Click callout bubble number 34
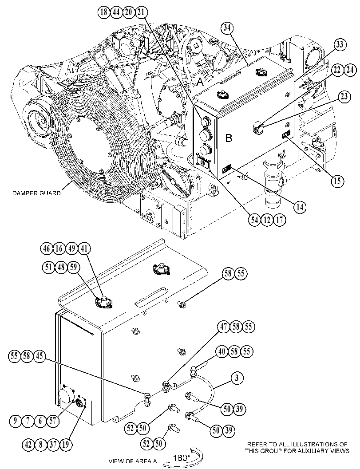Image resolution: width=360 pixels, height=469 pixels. point(227,28)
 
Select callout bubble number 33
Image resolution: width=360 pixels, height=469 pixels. point(340,45)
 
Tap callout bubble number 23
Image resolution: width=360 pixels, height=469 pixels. point(344,96)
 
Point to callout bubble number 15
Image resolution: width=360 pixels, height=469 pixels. point(337,181)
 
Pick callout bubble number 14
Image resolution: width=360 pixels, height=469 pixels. point(300,207)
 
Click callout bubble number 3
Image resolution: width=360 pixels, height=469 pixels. point(237,378)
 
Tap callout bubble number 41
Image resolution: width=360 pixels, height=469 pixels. point(85,249)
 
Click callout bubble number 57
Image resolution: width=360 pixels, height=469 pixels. point(53,421)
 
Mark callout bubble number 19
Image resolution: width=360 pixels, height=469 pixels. point(66,444)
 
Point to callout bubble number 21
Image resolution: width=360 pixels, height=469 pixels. point(141,12)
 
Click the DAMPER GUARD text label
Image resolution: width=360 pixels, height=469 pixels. point(36,193)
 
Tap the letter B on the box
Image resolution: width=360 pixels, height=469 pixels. point(228,138)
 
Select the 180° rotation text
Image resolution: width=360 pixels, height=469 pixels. point(182,457)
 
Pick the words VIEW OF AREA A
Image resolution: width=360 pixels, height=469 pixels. point(133,461)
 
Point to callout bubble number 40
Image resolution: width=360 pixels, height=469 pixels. point(222,351)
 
